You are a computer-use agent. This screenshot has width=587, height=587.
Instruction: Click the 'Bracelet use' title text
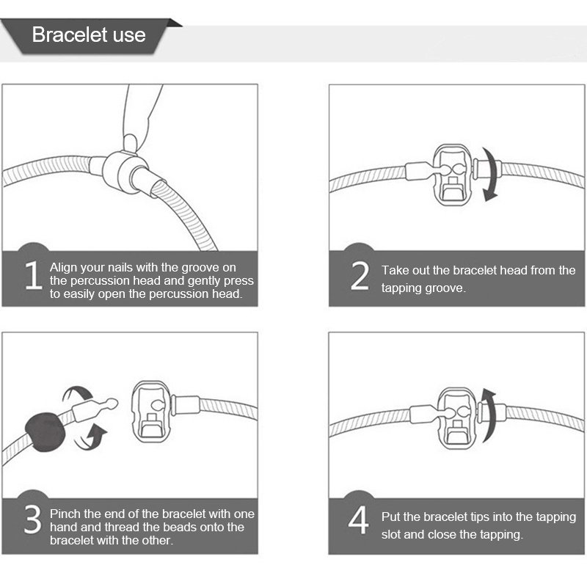click(x=89, y=34)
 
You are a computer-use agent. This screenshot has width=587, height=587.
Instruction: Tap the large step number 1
click(x=34, y=276)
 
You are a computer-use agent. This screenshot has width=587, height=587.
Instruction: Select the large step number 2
click(x=360, y=276)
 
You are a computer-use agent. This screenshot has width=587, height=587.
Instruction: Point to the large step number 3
click(x=32, y=519)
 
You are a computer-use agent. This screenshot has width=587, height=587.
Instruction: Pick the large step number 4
click(x=358, y=519)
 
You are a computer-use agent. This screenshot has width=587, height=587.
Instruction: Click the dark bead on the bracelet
click(x=45, y=432)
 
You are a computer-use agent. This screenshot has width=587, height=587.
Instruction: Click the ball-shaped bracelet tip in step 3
click(x=112, y=404)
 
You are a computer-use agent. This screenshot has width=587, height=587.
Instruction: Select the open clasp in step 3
click(x=152, y=412)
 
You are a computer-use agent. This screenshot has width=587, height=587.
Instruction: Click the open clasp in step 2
click(x=452, y=175)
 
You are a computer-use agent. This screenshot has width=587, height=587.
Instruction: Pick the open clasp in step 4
click(x=456, y=418)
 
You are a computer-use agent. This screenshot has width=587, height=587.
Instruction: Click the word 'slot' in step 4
click(x=391, y=534)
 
